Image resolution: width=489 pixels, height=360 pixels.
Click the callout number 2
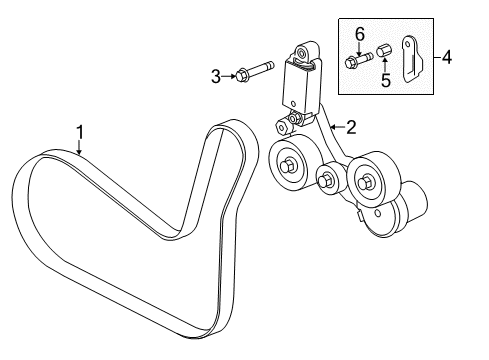pyautogui.click(x=350, y=127)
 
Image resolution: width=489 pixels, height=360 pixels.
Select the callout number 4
pyautogui.click(x=446, y=58)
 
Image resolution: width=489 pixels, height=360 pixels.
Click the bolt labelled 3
pyautogui.click(x=255, y=72)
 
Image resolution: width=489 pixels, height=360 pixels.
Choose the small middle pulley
pyautogui.click(x=326, y=182)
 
